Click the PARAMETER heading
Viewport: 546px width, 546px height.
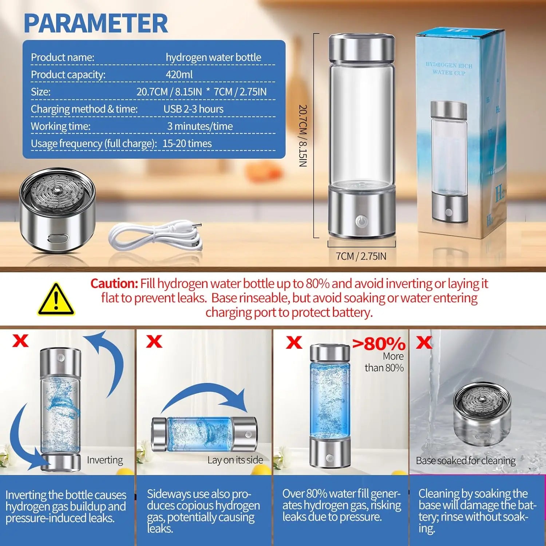tap(96, 24)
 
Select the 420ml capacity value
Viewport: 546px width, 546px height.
tap(179, 75)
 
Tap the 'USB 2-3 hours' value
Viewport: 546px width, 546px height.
tap(193, 109)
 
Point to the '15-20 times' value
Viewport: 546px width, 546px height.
tap(187, 143)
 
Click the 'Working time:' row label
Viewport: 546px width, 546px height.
tap(61, 126)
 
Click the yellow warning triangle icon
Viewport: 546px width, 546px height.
tap(56, 299)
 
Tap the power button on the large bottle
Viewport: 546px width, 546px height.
tap(361, 221)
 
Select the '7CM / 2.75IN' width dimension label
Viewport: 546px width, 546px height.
tap(361, 256)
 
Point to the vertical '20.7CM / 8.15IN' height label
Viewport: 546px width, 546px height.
tap(303, 136)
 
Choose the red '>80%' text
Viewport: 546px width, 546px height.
tap(379, 344)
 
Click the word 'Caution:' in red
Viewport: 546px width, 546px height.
tap(114, 284)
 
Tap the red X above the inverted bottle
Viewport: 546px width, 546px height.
tap(20, 341)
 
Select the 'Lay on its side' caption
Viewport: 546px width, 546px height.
tap(235, 460)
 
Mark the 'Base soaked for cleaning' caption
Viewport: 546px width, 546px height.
tap(466, 461)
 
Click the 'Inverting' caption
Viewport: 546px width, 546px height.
tap(105, 460)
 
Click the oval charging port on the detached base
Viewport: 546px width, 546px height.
tap(58, 239)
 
